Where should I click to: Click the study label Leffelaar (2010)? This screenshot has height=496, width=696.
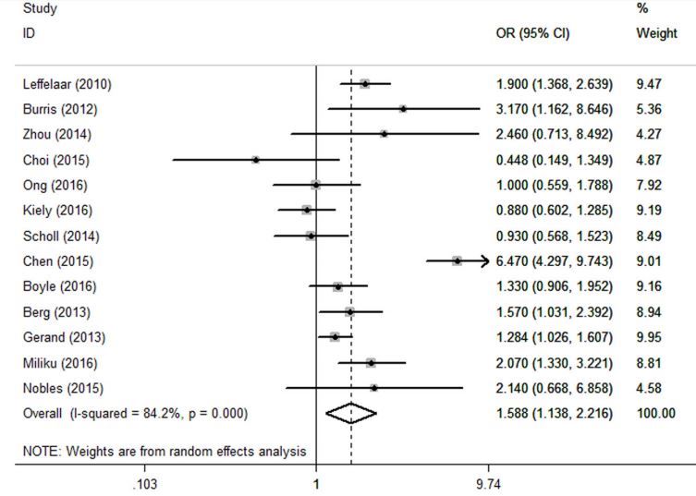66,85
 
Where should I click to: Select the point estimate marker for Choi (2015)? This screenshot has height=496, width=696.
256,160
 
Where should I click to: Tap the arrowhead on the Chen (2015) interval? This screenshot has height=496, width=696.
482,261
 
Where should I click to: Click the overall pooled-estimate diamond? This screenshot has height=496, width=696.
351,414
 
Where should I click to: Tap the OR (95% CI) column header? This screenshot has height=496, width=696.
533,34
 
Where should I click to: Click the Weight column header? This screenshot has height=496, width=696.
656,34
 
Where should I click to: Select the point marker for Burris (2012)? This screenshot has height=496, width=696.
403,110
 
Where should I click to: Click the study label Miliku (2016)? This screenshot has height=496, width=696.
59,362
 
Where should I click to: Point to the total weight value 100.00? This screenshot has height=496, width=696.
655,413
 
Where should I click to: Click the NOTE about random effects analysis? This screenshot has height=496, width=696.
164,451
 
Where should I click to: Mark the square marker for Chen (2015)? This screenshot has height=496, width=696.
457,261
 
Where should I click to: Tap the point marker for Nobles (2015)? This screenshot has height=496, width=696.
373,388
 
